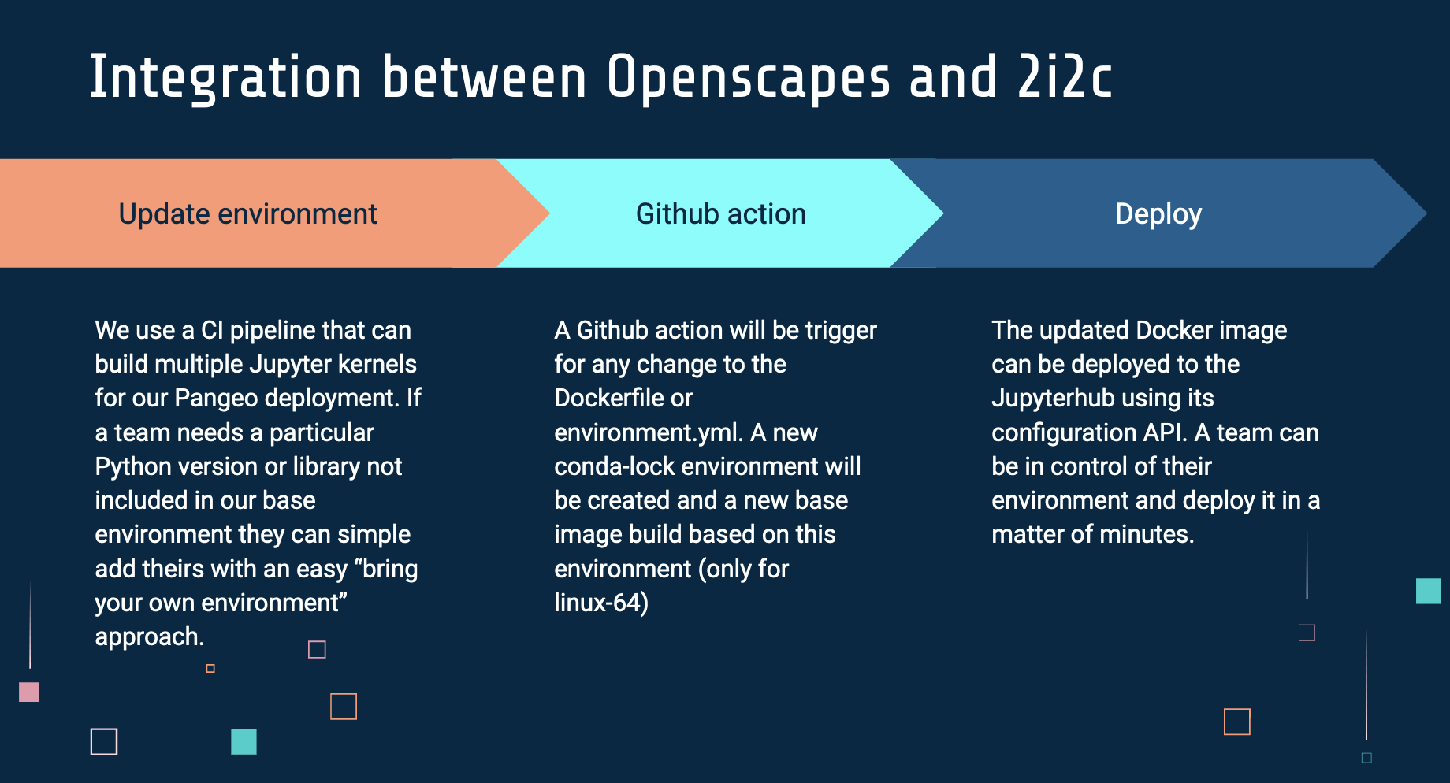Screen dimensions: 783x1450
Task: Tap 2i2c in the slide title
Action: pos(1065,79)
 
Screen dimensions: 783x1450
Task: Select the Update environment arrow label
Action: pos(247,213)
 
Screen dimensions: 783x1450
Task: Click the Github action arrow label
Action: pos(720,213)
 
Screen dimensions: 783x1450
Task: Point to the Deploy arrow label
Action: pos(1158,213)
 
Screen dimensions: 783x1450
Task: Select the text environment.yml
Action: pos(649,432)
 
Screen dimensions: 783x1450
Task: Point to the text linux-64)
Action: pos(601,603)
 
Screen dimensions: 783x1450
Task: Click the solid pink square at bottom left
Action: pos(28,692)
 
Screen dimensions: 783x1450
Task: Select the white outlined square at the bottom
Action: pos(104,741)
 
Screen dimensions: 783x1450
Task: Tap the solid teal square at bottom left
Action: pos(244,741)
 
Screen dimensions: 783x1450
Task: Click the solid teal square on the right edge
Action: pos(1428,591)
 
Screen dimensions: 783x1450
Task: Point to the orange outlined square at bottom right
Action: pos(1236,721)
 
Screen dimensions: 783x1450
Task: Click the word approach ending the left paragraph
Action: pos(147,636)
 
